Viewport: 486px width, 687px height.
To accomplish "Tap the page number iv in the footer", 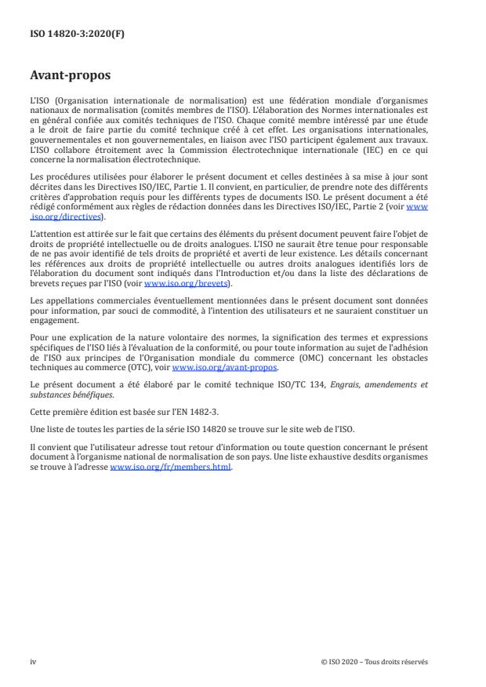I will tap(33, 661).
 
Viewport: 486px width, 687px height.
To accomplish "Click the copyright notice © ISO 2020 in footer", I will tap(374, 661).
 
